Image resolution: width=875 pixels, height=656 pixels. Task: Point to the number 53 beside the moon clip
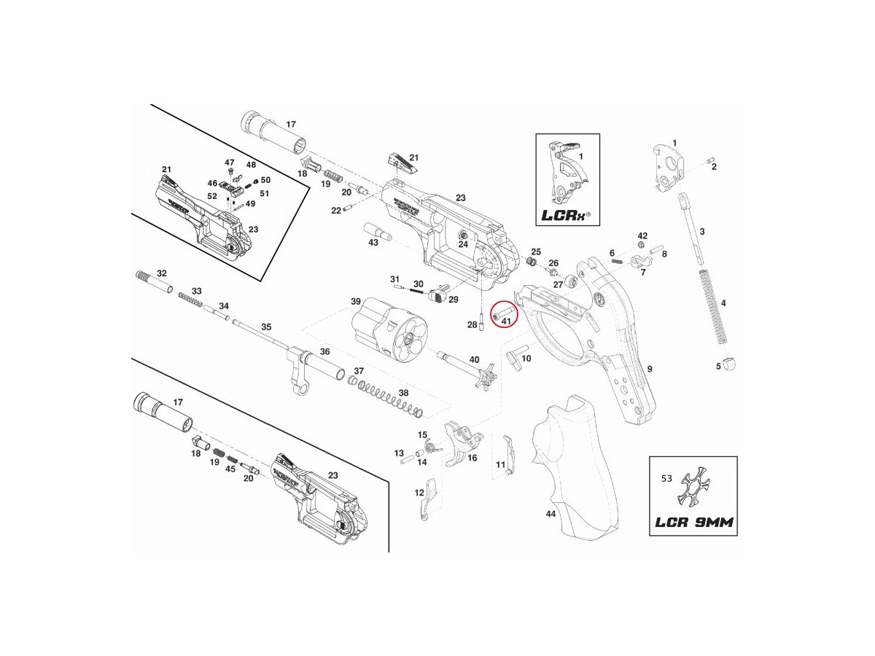coord(666,479)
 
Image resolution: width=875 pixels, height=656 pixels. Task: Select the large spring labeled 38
coord(391,399)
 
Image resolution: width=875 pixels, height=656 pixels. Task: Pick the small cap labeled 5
coord(731,364)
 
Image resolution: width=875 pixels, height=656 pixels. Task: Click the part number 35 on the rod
coord(266,327)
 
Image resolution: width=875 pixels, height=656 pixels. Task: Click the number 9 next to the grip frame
coord(649,370)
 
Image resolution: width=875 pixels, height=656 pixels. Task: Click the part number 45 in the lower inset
coord(230,469)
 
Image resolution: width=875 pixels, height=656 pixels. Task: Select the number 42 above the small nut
coord(642,236)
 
